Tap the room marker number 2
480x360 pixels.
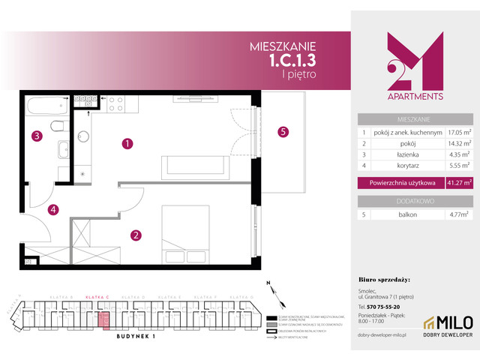(136, 235)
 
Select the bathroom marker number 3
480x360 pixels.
(35, 136)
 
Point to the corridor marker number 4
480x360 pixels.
(53, 210)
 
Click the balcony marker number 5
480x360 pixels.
(283, 133)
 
